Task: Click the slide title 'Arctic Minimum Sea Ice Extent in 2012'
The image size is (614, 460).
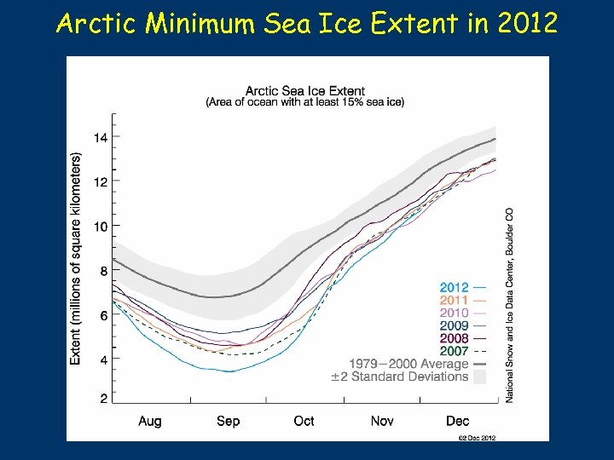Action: [307, 23]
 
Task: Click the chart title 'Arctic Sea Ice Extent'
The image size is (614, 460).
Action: [304, 91]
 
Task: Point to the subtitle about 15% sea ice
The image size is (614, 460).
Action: [305, 102]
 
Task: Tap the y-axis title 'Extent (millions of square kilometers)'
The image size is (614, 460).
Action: [76, 259]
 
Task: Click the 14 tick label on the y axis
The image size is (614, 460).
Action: [101, 137]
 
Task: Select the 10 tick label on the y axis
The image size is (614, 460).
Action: [101, 227]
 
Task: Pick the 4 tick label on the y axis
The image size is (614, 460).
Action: [104, 360]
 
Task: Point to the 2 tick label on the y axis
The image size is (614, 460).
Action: [104, 399]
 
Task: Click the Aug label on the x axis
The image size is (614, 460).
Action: [150, 421]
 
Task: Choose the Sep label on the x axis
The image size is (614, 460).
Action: [228, 421]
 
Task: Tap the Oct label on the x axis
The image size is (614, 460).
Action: [304, 421]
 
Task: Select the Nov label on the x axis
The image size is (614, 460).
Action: [382, 421]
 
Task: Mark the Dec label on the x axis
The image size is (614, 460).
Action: [457, 421]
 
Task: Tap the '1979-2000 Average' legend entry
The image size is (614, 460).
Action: [408, 364]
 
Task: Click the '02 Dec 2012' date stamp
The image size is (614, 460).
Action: [476, 438]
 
